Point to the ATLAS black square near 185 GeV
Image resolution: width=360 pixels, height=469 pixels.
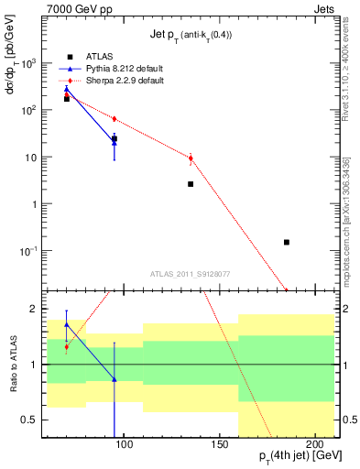click(287, 242)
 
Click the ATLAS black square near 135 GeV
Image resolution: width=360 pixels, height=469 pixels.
click(191, 184)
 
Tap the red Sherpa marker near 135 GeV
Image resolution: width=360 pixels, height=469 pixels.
click(191, 158)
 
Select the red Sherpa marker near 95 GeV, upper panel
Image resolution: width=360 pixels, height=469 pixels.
click(115, 119)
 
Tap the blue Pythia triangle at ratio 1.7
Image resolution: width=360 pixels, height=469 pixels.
click(66, 324)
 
